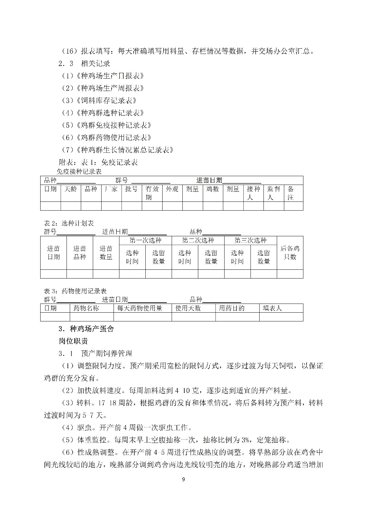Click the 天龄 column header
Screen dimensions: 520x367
(71, 189)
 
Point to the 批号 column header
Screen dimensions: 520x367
(131, 189)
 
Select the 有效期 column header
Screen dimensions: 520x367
(152, 193)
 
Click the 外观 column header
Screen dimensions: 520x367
(172, 189)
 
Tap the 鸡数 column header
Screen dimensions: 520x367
(213, 189)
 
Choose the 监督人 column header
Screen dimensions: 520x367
(273, 193)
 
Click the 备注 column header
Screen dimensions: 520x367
(291, 193)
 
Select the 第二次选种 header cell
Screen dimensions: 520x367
(198, 240)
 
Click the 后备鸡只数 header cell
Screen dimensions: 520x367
(290, 253)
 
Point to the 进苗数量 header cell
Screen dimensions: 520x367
(106, 253)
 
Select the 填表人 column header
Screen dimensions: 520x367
(272, 308)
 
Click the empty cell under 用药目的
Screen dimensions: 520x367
(238, 317)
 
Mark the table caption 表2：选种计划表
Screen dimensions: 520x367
(69, 223)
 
